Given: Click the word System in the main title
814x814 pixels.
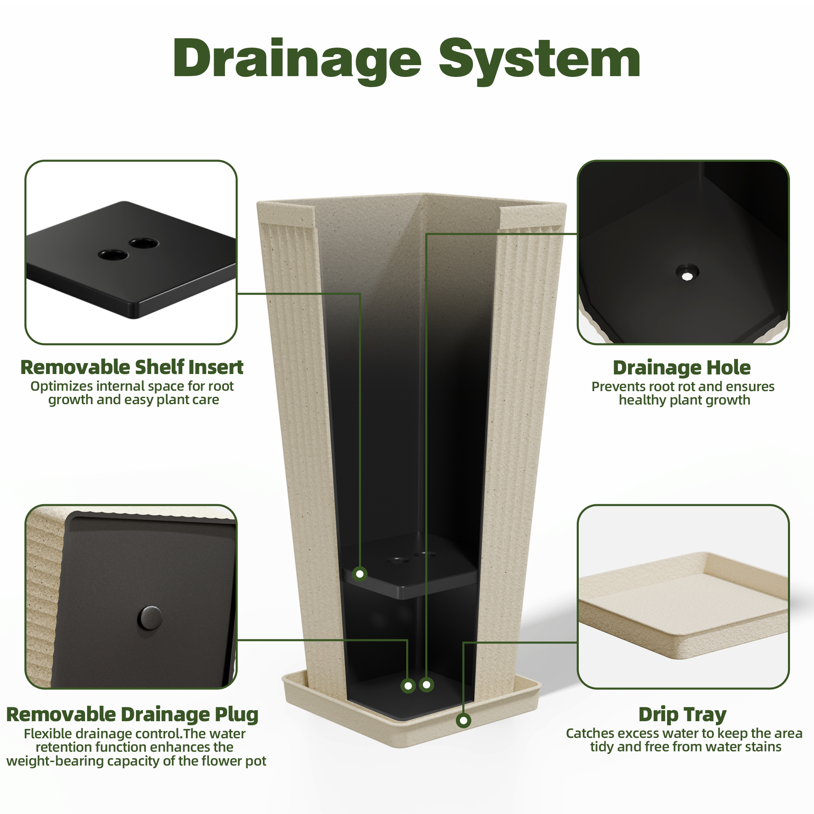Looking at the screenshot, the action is [540, 60].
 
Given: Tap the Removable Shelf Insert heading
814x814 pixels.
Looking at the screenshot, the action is [132, 367].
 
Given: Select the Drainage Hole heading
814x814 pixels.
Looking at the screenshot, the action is [682, 368].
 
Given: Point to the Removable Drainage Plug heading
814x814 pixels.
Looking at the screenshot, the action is [132, 715].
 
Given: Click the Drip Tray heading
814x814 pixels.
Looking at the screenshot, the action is [683, 715].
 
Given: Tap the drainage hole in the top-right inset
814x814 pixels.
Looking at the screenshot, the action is [687, 272].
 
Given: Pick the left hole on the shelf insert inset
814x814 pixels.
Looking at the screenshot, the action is [113, 254].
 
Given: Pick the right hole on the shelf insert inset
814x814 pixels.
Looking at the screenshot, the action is [144, 243].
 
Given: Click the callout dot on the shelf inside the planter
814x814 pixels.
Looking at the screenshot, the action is [360, 574].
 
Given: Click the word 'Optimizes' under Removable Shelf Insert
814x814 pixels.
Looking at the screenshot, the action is [61, 386].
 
